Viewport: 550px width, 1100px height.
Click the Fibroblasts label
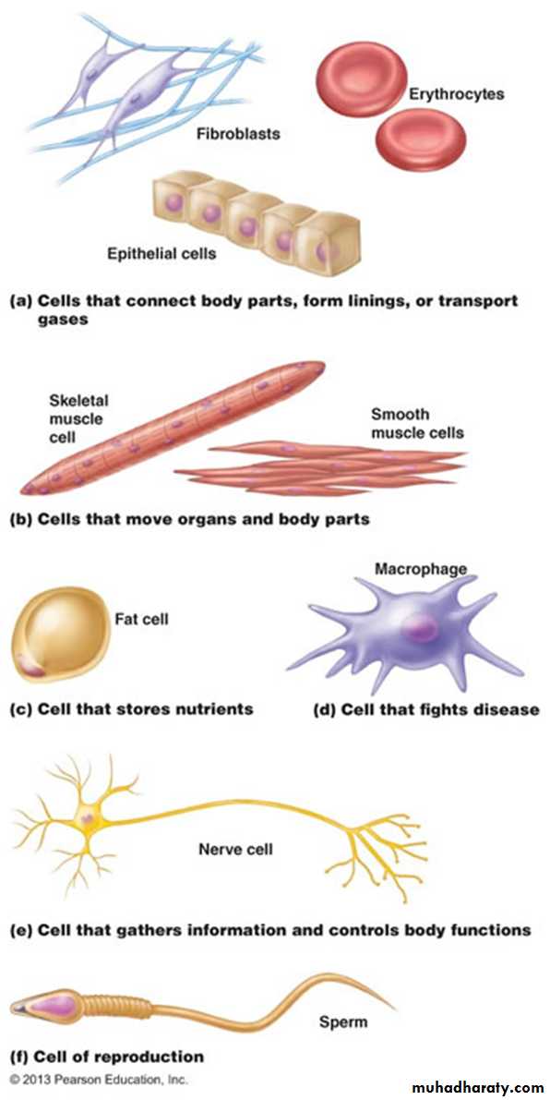[x=238, y=132]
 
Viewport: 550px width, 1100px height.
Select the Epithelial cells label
[x=161, y=253]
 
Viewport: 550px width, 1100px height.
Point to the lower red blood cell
[x=421, y=139]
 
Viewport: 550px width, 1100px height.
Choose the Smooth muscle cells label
[x=417, y=423]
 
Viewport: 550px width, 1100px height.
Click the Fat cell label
[x=141, y=620]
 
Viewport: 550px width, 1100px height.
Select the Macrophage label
[x=421, y=568]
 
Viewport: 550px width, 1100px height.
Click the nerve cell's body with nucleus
[x=89, y=817]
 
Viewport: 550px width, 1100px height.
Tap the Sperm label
[x=343, y=1021]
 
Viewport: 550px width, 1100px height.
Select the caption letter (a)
[x=20, y=302]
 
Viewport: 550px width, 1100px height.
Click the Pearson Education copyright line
[x=99, y=1077]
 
